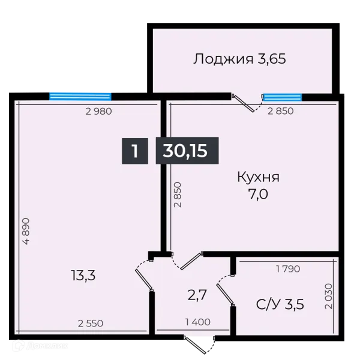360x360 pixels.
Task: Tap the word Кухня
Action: click(258, 178)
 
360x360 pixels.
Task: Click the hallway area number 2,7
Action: click(198, 295)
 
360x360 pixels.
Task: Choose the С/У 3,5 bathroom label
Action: click(280, 304)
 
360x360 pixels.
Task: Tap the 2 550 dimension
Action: click(91, 323)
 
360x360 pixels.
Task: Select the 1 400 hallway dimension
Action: click(198, 322)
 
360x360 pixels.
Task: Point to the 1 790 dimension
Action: click(287, 269)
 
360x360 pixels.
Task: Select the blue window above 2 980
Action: click(80, 95)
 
